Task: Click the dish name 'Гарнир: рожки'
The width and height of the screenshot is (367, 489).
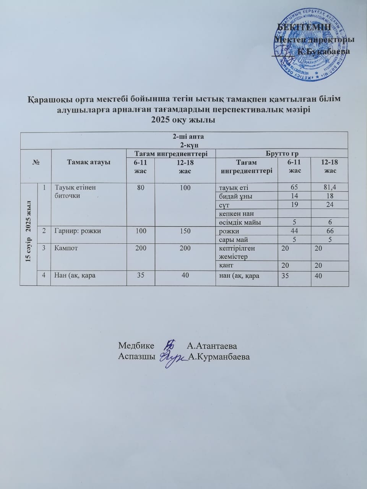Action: point(78,231)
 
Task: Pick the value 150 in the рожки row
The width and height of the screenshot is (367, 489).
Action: point(185,231)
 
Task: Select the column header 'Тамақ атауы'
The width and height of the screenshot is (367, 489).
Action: point(89,162)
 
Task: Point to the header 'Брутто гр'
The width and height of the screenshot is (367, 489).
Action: point(282,154)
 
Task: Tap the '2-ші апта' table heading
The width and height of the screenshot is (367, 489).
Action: point(185,137)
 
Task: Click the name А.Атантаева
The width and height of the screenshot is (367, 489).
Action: point(212,346)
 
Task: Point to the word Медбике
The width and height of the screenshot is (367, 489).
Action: point(136,346)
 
